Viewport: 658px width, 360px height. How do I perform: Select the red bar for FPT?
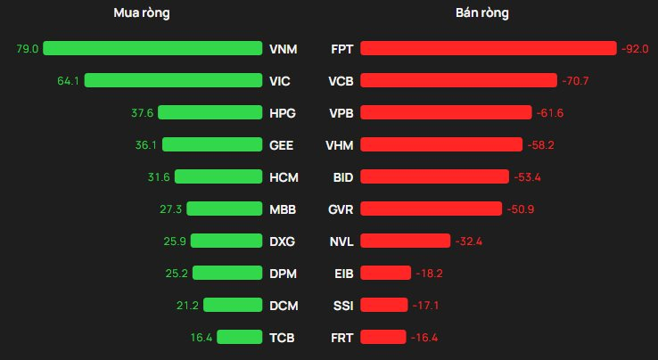click(x=488, y=48)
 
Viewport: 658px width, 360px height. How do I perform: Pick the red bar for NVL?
click(x=405, y=241)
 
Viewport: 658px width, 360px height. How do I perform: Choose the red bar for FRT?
click(x=382, y=337)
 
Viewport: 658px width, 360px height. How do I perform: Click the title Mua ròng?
click(x=142, y=13)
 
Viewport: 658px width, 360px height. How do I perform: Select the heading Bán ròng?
click(x=489, y=13)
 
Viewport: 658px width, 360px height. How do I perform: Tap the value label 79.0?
click(x=28, y=48)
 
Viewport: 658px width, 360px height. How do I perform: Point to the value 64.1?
click(x=69, y=80)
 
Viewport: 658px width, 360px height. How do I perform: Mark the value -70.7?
click(x=575, y=80)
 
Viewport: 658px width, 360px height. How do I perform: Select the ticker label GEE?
click(x=282, y=144)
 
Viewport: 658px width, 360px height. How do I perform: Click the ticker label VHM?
click(x=341, y=144)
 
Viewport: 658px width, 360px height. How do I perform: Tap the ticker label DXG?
click(x=282, y=241)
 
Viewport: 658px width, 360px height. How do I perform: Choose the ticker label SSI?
click(x=342, y=305)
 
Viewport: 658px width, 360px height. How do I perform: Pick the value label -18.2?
click(x=429, y=273)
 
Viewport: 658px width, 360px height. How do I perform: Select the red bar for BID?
click(x=434, y=176)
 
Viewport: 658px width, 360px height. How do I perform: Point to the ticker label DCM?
click(x=283, y=305)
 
